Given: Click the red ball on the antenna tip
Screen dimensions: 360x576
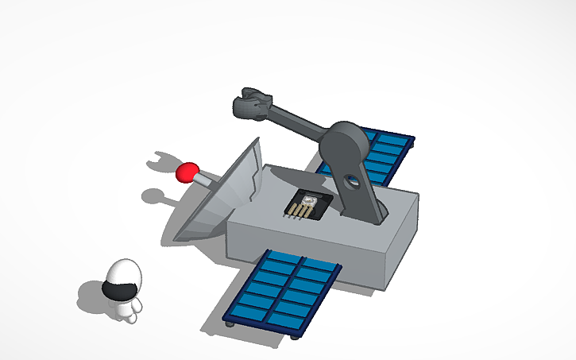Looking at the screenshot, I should click(x=187, y=172).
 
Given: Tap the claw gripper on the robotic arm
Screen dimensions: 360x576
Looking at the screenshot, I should click(x=250, y=104).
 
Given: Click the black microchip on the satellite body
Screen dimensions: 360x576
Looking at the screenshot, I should click(x=307, y=202).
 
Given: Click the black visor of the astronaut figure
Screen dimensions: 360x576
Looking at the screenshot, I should click(x=119, y=291).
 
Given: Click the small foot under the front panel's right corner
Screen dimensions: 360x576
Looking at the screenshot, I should click(x=296, y=336).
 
